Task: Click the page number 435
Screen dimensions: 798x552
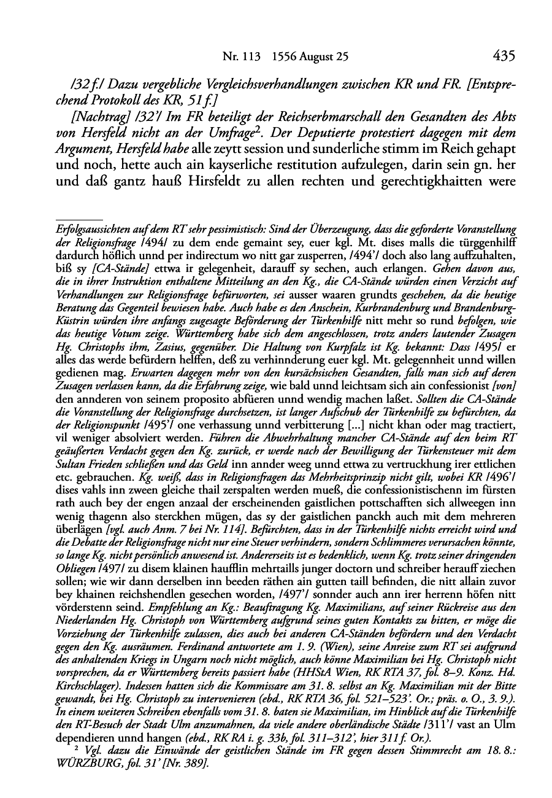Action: tap(503, 56)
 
